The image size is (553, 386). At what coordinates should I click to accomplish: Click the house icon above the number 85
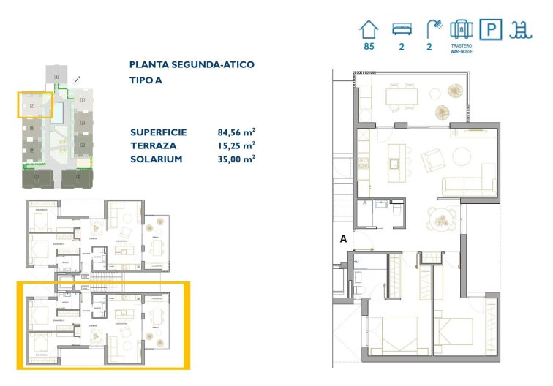[369, 29]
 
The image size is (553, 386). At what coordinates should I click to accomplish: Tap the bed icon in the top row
[400, 29]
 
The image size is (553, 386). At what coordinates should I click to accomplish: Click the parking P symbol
[490, 29]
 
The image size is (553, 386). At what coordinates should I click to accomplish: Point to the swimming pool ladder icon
[520, 29]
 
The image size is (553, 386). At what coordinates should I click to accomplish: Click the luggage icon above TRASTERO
[461, 29]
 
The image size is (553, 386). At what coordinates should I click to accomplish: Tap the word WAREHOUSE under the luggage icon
[461, 50]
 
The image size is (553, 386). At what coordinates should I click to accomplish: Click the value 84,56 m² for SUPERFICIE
[236, 133]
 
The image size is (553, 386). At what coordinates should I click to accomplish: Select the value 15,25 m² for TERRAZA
[236, 146]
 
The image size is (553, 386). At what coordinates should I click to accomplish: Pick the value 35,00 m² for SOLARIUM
[236, 159]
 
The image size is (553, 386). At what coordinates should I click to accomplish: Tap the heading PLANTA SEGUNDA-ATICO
[192, 64]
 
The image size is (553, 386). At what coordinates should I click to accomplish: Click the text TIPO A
[146, 80]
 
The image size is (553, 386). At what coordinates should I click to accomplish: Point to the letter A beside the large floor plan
[342, 238]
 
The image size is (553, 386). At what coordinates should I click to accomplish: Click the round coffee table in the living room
[463, 156]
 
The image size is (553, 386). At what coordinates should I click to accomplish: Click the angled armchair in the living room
[432, 159]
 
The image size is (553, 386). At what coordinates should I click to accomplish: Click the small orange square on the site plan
[35, 105]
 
